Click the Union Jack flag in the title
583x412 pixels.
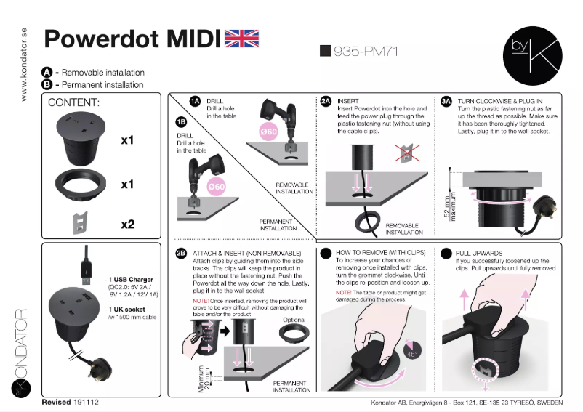(x=241, y=39)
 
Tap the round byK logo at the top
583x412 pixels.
(x=532, y=56)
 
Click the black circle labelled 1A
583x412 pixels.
(x=195, y=101)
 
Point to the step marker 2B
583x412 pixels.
(x=181, y=254)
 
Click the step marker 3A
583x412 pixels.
(x=446, y=101)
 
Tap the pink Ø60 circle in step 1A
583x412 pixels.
(x=268, y=131)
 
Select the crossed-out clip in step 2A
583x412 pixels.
(x=407, y=153)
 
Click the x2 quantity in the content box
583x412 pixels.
(x=127, y=225)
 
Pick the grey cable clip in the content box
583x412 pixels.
(x=79, y=223)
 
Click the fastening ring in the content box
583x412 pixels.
(x=81, y=185)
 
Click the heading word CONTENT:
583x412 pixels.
(x=73, y=102)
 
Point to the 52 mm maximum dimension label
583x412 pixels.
(x=450, y=206)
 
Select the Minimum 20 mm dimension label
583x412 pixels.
(x=204, y=379)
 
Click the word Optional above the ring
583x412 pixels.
(x=294, y=320)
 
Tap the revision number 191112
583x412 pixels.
(x=87, y=402)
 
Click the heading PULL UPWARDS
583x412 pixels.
(x=479, y=254)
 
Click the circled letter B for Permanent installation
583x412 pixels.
(x=47, y=85)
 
